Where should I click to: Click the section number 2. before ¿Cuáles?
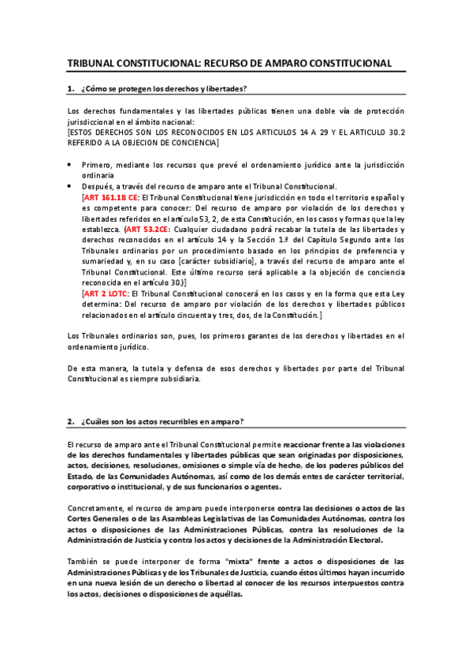(71, 420)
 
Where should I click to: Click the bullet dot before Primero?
(70, 165)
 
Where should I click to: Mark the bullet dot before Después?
(70, 187)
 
